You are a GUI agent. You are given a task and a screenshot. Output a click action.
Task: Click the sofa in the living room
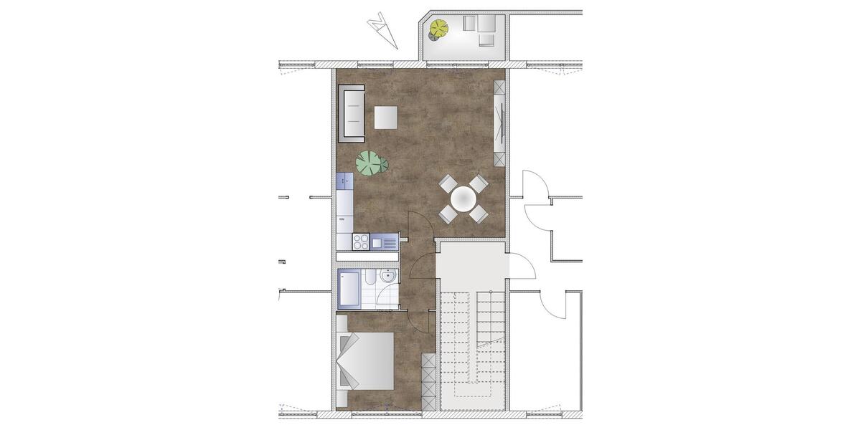352,113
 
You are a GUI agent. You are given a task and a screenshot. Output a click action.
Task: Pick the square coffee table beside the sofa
386,118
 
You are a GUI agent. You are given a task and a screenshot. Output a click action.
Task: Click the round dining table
464,197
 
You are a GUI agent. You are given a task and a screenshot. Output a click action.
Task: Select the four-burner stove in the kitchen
361,242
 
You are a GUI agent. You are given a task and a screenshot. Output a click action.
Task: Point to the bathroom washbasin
388,276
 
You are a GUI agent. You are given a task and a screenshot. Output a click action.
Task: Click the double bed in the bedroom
365,360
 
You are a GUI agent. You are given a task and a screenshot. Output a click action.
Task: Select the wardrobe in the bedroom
428,380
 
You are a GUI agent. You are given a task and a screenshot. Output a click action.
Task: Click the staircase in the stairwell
474,337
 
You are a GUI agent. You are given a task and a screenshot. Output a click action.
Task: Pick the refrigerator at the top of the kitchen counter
345,182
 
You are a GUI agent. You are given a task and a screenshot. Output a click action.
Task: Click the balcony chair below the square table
487,40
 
